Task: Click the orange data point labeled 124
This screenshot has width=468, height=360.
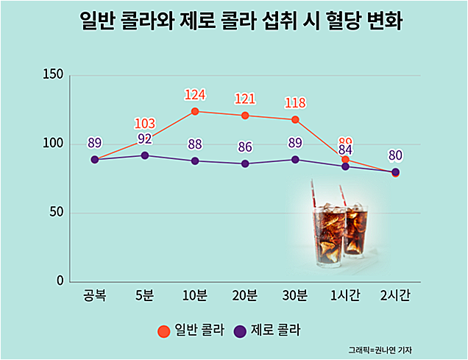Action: (x=195, y=111)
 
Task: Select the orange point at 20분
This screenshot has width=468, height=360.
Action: (x=245, y=116)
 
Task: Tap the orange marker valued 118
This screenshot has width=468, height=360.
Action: (x=295, y=119)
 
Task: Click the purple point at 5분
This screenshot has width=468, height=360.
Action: (x=145, y=155)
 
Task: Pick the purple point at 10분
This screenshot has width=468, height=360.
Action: (x=195, y=160)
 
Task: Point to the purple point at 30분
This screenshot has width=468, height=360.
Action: (x=295, y=159)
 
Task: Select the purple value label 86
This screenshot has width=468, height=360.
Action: (x=245, y=147)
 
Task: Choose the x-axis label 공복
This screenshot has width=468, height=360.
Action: (x=95, y=296)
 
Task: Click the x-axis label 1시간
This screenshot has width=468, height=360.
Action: (x=345, y=296)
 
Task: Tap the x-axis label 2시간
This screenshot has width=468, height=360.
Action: (x=395, y=296)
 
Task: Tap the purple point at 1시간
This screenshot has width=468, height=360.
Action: (x=345, y=166)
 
